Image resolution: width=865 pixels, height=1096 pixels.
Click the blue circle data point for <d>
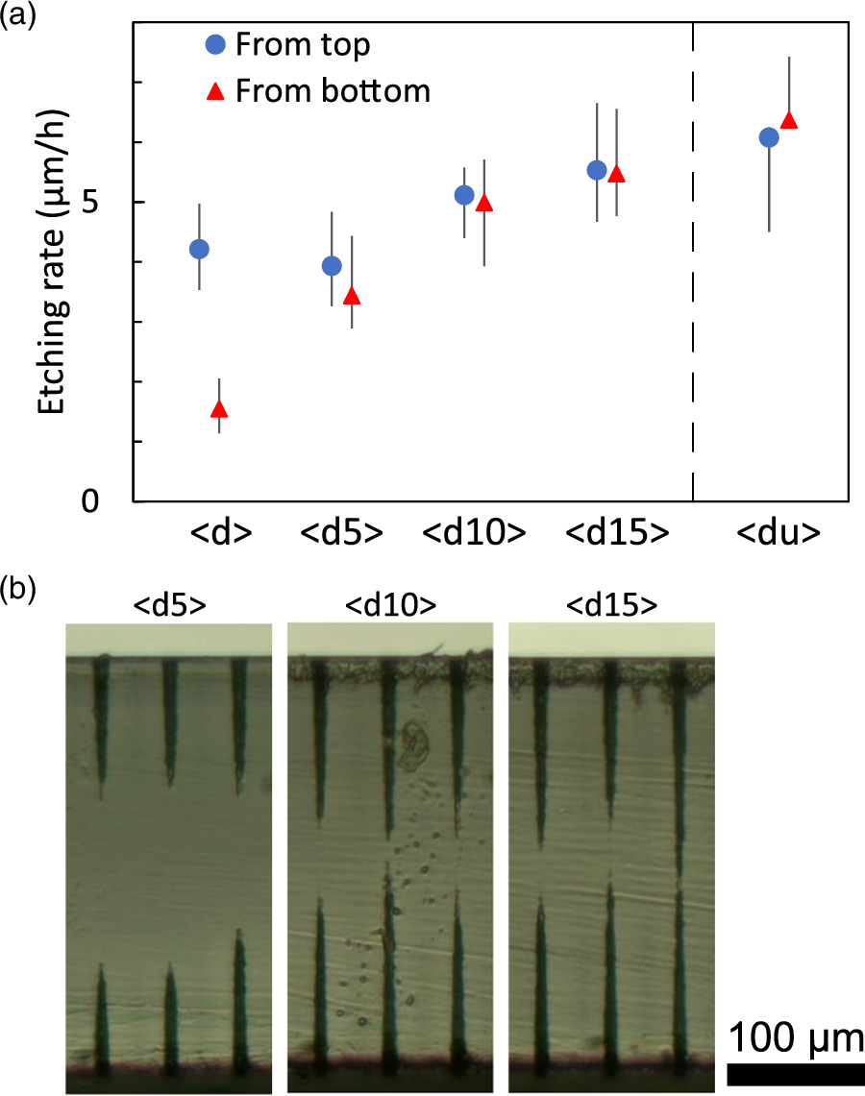pyautogui.click(x=199, y=249)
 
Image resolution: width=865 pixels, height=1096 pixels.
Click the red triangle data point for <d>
pyautogui.click(x=219, y=409)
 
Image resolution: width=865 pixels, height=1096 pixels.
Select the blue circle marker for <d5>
pyautogui.click(x=332, y=266)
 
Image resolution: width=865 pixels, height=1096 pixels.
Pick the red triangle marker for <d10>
pyautogui.click(x=484, y=203)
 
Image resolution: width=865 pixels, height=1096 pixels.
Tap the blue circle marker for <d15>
pyautogui.click(x=597, y=170)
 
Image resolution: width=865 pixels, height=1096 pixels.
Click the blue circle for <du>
pyautogui.click(x=769, y=137)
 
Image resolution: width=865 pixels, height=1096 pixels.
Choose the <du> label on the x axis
pyautogui.click(x=778, y=534)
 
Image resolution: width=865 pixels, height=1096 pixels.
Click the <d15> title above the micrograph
pyautogui.click(x=611, y=605)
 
